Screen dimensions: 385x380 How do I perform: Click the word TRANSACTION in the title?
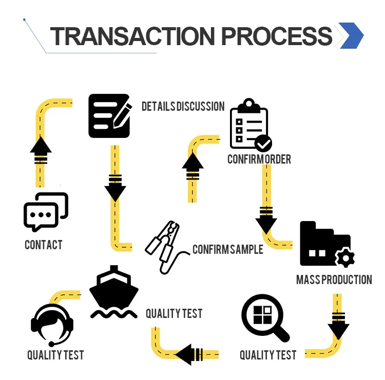(132, 36)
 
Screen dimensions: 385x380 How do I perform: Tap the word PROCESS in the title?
(276, 36)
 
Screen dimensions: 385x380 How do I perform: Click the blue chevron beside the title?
(351, 36)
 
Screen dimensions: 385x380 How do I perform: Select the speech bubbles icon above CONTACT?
(46, 212)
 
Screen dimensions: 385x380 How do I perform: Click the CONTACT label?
(44, 245)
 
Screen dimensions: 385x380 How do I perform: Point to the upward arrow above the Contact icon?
(41, 150)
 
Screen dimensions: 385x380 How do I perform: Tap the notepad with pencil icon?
(109, 115)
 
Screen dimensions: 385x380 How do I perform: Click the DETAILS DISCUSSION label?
(183, 106)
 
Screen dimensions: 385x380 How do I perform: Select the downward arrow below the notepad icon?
(115, 187)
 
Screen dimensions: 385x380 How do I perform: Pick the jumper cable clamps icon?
(163, 245)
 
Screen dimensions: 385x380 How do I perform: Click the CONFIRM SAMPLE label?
(227, 249)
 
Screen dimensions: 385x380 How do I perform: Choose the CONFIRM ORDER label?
(259, 159)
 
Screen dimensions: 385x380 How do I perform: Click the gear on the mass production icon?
(344, 257)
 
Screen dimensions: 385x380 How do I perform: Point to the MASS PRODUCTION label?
(334, 279)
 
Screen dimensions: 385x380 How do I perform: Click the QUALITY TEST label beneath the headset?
(55, 354)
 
